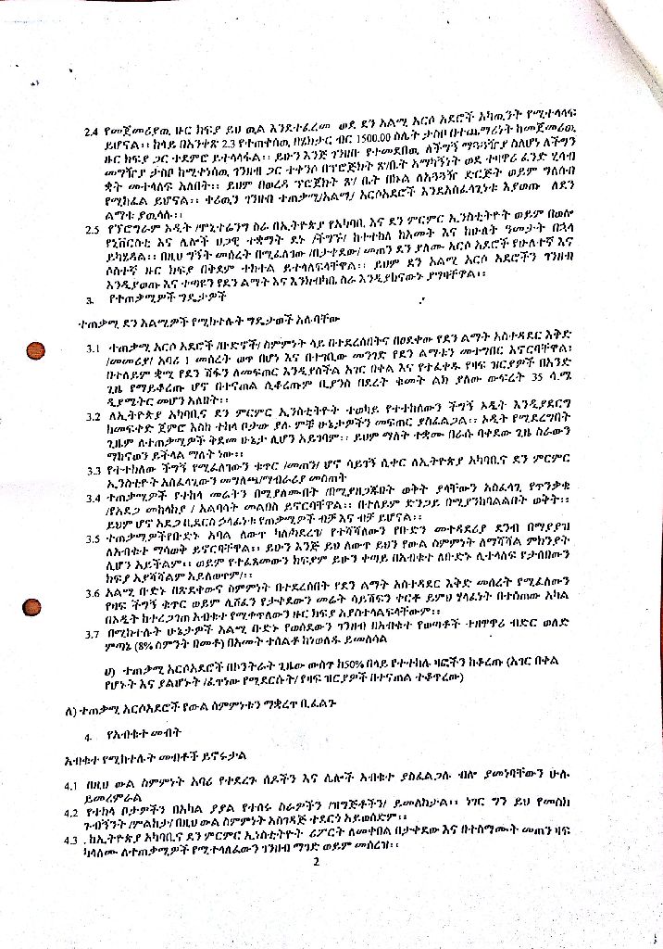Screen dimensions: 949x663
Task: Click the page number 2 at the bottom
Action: point(316,862)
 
